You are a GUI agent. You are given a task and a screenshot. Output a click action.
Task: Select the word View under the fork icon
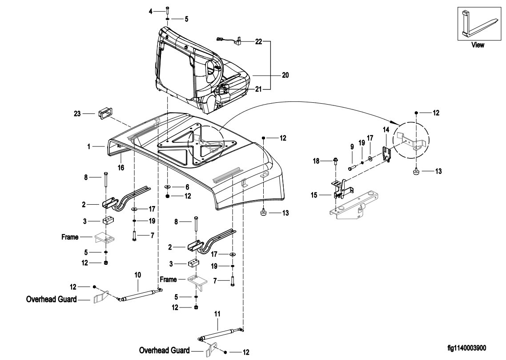478,45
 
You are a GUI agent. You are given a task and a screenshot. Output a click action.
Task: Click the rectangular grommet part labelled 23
102,114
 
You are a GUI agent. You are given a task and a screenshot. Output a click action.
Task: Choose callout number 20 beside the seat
285,75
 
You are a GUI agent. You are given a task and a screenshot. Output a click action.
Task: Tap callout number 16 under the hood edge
120,168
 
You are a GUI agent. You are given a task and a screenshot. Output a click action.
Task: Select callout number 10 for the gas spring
138,275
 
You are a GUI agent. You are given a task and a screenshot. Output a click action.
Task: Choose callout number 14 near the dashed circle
386,129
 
